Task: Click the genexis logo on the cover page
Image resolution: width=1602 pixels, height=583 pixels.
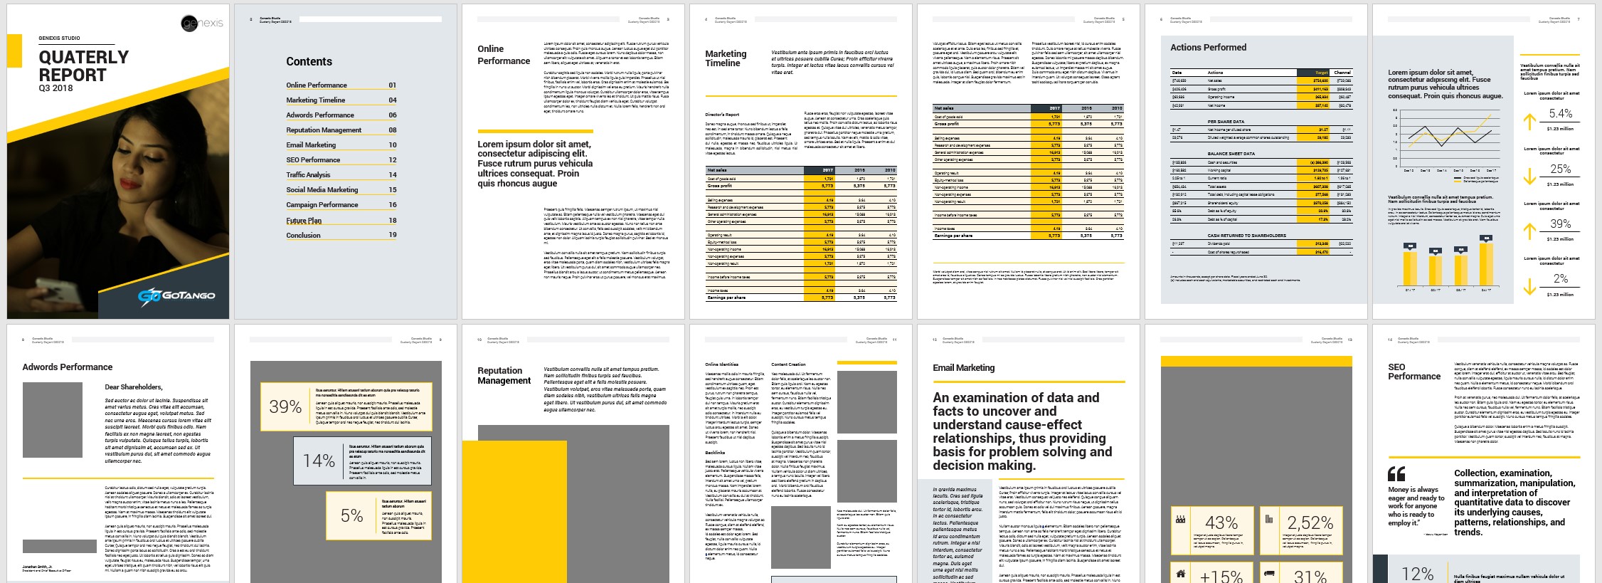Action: (202, 23)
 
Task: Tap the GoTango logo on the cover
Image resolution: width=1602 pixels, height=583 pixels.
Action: (176, 295)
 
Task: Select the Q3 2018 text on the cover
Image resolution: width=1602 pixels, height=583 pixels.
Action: (55, 88)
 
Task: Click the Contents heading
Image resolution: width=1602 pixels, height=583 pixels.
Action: (309, 62)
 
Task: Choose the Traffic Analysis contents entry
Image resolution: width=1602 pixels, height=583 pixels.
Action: (308, 174)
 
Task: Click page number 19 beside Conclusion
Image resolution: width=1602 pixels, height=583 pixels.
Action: (393, 234)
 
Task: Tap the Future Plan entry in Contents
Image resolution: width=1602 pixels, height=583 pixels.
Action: (304, 221)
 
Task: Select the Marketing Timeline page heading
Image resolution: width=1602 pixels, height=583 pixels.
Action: (726, 58)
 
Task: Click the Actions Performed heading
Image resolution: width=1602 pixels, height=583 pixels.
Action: (1208, 48)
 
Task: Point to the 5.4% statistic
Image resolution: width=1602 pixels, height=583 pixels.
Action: (1561, 114)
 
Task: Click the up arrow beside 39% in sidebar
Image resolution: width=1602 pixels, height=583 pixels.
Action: (1529, 231)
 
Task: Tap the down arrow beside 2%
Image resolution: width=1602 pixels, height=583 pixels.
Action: (1529, 286)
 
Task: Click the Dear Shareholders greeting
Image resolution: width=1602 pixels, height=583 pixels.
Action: (134, 387)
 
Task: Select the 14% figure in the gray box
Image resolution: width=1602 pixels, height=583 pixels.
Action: (319, 461)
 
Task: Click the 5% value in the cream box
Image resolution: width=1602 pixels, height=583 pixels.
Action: (351, 516)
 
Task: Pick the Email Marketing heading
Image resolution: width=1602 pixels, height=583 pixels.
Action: (963, 368)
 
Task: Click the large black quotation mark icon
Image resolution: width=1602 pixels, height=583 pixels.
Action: (1396, 474)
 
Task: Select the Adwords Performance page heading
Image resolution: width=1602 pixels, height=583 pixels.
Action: (67, 367)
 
